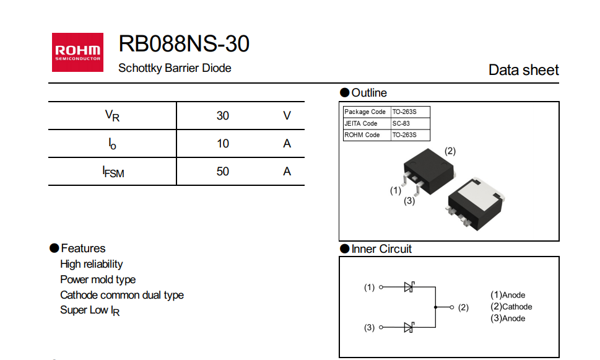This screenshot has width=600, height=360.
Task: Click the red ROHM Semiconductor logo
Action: click(77, 52)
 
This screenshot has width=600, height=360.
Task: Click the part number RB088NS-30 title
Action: click(184, 44)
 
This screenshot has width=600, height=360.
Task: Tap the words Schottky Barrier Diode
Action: click(175, 68)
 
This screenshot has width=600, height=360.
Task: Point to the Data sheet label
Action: click(523, 70)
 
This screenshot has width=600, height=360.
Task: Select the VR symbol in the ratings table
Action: click(112, 116)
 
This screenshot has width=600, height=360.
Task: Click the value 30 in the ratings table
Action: click(223, 116)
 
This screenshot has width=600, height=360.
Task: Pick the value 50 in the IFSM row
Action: click(223, 172)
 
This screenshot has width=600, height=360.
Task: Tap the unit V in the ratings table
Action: click(287, 116)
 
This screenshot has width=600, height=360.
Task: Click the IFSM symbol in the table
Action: click(113, 172)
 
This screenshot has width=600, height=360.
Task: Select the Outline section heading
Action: click(368, 93)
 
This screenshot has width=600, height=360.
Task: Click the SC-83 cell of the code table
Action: click(401, 123)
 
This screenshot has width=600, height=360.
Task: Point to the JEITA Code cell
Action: click(361, 123)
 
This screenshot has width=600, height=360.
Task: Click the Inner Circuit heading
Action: click(381, 249)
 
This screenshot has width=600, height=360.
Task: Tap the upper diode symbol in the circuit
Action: click(409, 287)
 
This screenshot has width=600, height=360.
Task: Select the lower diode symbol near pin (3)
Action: click(409, 327)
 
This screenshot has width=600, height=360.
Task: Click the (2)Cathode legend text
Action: click(511, 307)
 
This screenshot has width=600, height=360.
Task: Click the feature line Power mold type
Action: click(98, 279)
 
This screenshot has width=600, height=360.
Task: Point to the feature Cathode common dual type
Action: click(122, 295)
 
